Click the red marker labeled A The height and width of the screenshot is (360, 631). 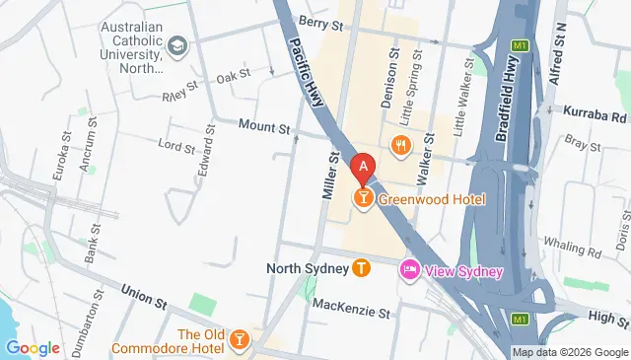click(364, 169)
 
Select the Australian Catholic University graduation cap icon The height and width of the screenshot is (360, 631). click(176, 44)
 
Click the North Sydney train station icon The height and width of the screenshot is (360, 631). click(362, 267)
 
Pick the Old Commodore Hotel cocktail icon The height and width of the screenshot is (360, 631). click(239, 340)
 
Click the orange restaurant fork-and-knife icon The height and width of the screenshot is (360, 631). click(399, 145)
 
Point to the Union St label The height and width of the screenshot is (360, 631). click(143, 293)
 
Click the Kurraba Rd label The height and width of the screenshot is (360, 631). click(595, 113)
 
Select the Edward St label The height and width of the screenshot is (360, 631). click(207, 154)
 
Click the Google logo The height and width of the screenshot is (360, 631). click(33, 347)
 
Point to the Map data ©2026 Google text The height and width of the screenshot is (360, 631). click(569, 352)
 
